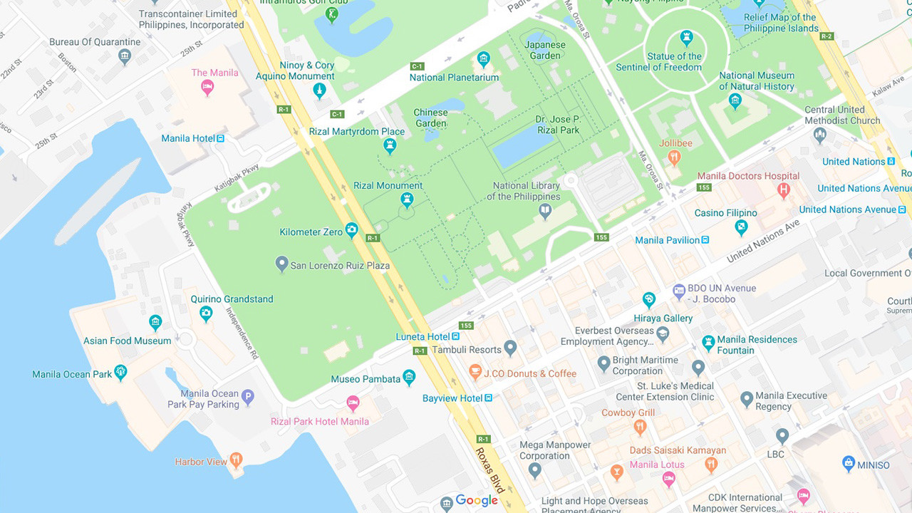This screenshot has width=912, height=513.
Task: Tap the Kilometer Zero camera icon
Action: (351, 229)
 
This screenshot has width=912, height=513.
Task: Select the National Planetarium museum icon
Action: (484, 58)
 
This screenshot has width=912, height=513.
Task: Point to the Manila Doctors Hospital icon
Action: (784, 190)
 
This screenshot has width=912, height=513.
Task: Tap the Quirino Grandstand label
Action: (232, 299)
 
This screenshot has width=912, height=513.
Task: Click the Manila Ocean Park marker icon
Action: (120, 372)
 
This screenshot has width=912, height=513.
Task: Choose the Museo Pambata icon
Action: (409, 377)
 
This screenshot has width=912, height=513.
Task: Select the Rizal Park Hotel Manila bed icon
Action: (353, 403)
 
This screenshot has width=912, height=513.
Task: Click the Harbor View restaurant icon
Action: (236, 460)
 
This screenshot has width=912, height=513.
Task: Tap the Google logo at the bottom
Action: (476, 501)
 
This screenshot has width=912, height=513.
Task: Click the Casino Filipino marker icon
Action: (741, 227)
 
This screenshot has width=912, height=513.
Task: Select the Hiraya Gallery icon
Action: (648, 299)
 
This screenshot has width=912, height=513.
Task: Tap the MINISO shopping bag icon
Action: (849, 464)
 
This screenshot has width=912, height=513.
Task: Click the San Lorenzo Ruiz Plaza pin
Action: (282, 264)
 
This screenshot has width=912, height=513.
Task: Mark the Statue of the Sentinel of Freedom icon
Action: (686, 37)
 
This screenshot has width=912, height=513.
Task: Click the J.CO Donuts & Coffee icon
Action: (475, 372)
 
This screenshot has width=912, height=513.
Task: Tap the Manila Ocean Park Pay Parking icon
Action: (248, 398)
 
